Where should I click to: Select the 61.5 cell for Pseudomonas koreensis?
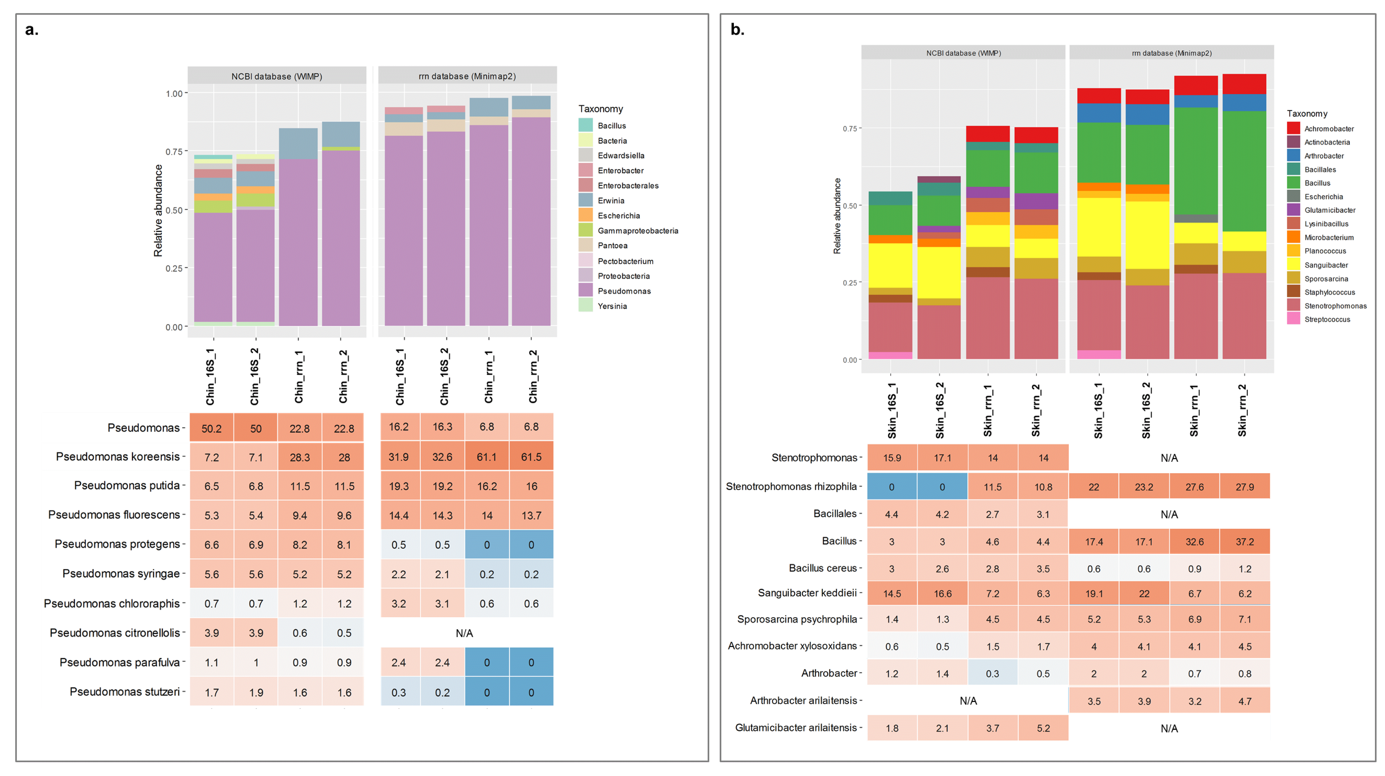pos(531,457)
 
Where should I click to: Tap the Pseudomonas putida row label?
pos(127,486)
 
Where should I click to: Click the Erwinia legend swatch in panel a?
pos(585,200)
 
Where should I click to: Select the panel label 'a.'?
pos(32,30)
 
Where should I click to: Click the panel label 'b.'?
pos(737,30)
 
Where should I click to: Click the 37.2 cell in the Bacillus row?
pos(1245,542)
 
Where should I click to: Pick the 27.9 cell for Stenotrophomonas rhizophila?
pos(1245,487)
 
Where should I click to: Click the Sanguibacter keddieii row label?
pos(807,593)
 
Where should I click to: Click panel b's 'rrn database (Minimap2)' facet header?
pos(1171,53)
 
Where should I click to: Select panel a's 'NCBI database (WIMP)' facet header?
pos(277,76)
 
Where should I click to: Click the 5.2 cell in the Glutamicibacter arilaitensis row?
pos(1043,728)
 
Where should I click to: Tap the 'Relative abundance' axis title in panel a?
pos(158,210)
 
